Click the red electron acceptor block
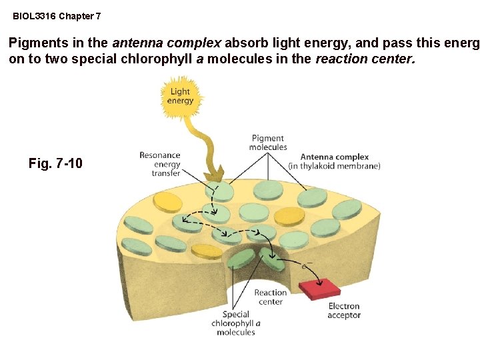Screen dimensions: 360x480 click(x=319, y=289)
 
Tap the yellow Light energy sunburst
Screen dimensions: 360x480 click(x=181, y=97)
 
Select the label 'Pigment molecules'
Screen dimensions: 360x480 click(x=268, y=143)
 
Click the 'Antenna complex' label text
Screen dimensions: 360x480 click(x=334, y=157)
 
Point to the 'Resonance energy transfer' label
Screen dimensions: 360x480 click(x=160, y=164)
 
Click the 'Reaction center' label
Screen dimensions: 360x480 click(x=270, y=297)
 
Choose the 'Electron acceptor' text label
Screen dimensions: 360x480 click(x=343, y=311)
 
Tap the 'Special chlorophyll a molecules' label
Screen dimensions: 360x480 click(x=236, y=323)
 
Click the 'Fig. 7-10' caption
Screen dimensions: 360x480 click(x=56, y=163)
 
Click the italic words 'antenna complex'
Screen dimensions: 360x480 click(x=167, y=43)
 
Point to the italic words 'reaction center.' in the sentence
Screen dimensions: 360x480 click(x=365, y=59)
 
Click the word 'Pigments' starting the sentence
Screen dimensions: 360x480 click(x=36, y=43)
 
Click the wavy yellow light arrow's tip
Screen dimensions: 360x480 click(x=215, y=179)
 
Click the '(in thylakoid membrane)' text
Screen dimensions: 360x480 click(x=334, y=166)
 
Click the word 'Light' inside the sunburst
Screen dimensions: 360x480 click(x=181, y=92)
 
